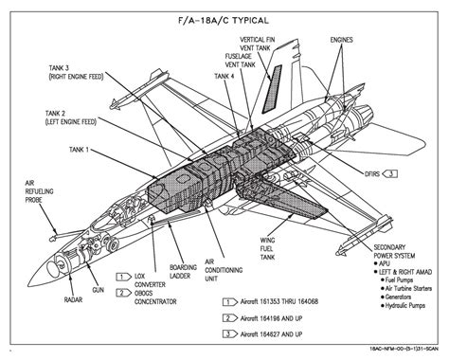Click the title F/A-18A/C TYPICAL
224,21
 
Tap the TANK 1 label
79,149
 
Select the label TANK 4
224,76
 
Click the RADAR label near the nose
73,299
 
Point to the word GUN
98,290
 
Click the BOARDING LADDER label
183,272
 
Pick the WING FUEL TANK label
267,249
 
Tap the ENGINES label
341,40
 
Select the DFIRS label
372,173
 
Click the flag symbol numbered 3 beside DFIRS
390,173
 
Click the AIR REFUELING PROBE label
39,191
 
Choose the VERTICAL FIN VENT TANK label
258,44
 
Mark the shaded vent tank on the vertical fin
272,89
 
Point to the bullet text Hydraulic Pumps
405,306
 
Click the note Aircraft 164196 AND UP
271,318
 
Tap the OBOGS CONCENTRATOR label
155,297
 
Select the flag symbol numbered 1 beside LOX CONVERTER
124,277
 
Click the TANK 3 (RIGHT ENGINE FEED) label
76,72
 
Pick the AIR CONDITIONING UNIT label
224,270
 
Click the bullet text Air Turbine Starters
408,288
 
